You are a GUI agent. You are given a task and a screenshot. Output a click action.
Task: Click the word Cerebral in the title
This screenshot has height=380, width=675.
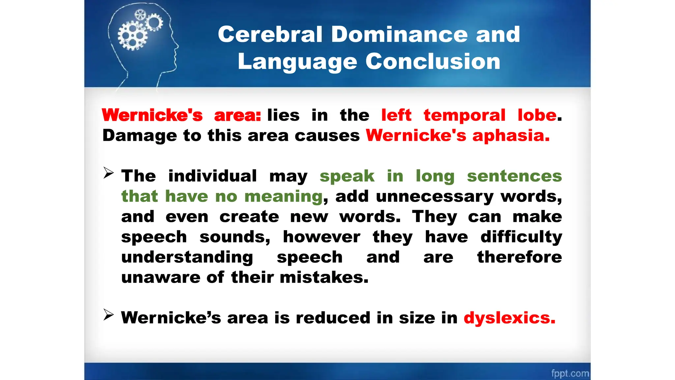click(270, 34)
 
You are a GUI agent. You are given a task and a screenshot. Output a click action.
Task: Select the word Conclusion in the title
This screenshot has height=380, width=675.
click(433, 62)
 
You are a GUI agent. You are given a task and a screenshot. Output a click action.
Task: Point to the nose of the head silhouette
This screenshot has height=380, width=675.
click(178, 46)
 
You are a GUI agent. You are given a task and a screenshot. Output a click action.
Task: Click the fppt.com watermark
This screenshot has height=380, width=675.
click(570, 373)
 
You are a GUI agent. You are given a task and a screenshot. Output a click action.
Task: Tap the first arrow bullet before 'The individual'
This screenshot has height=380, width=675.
click(108, 173)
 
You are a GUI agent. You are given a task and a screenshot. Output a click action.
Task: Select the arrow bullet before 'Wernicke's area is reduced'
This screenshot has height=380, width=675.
click(108, 315)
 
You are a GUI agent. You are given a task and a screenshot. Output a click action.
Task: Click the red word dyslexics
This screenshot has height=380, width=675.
click(509, 318)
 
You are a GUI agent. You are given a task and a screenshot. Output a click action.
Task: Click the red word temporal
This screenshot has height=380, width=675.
click(464, 115)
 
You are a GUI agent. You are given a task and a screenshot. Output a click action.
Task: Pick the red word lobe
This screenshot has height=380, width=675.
click(537, 115)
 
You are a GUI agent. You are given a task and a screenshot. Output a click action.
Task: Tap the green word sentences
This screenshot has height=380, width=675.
click(514, 176)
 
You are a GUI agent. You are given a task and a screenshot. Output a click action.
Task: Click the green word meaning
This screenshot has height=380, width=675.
click(283, 197)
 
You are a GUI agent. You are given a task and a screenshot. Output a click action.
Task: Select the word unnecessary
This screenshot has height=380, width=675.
click(434, 197)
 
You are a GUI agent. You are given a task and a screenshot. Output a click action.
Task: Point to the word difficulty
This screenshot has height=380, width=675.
click(521, 237)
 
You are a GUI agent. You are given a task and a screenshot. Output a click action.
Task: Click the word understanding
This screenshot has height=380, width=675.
click(187, 257)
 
